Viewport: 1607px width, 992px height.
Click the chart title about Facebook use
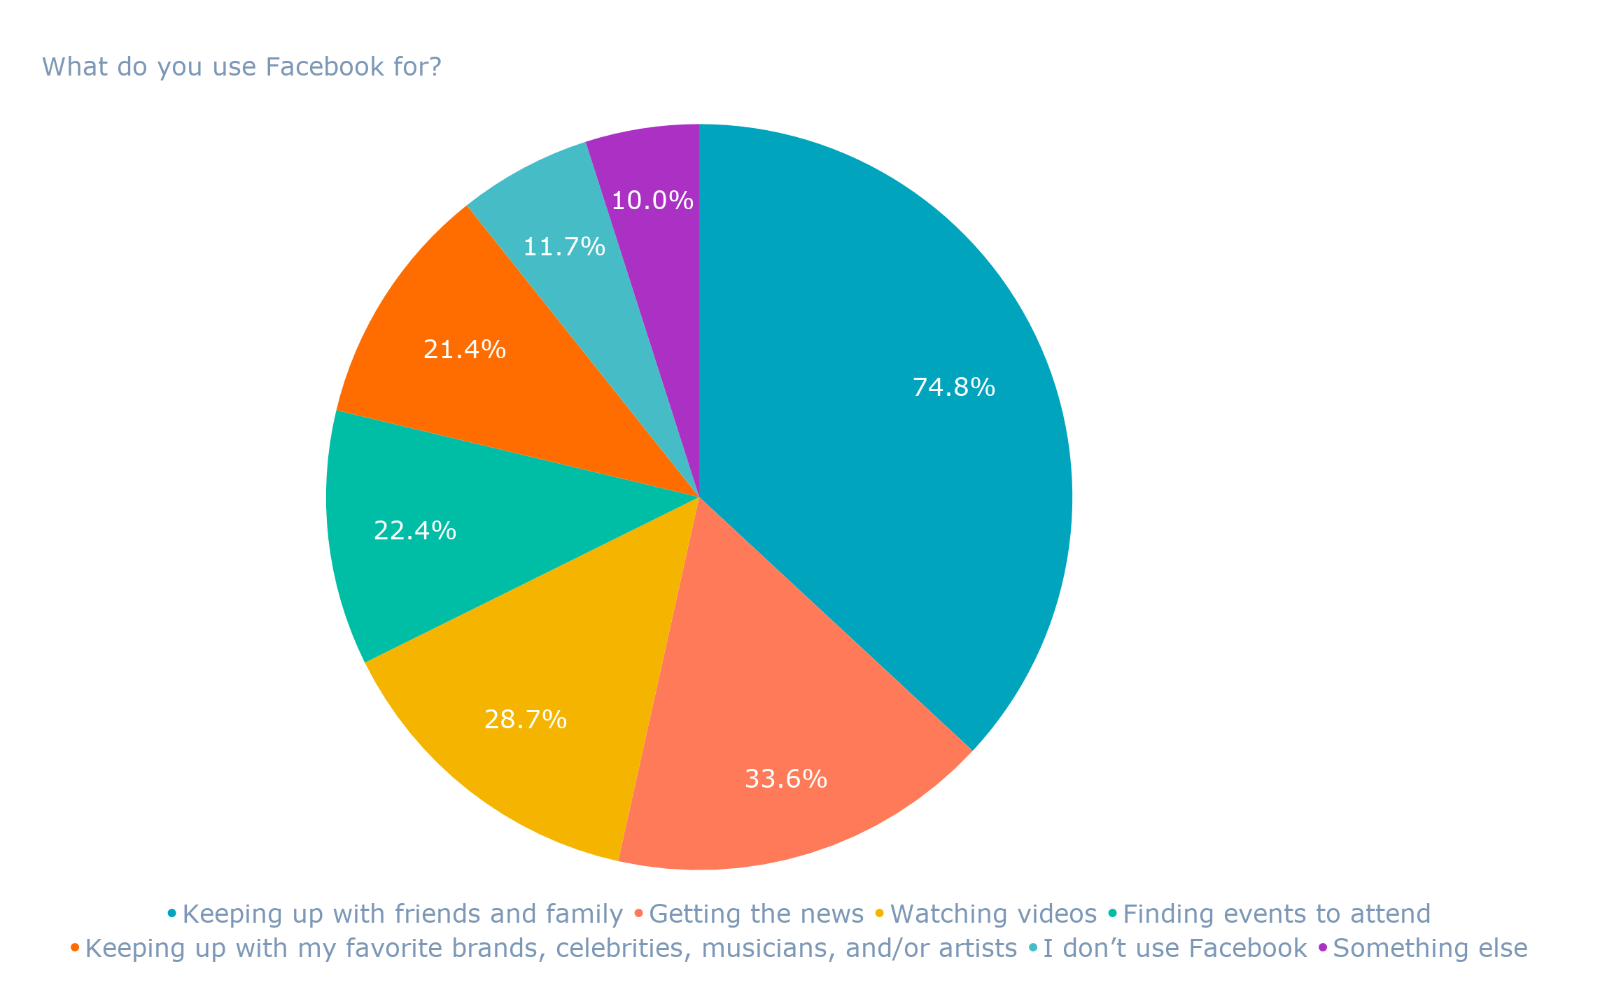click(x=241, y=67)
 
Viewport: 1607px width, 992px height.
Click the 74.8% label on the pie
click(x=953, y=387)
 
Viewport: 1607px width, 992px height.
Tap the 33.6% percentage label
click(x=785, y=779)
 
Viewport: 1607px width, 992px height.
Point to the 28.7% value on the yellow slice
click(x=525, y=719)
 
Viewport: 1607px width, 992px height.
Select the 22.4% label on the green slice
click(x=414, y=531)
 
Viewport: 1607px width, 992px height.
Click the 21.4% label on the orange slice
click(x=464, y=349)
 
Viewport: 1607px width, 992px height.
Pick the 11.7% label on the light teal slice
click(x=563, y=247)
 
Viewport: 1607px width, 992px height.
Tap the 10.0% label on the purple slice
click(x=652, y=201)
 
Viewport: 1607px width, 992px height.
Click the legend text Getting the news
click(x=757, y=914)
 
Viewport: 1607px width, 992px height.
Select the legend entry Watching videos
click(x=993, y=914)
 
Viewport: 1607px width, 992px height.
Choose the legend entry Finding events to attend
click(x=1277, y=914)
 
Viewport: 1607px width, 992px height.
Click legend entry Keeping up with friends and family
click(x=402, y=914)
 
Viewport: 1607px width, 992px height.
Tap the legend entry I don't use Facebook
click(x=1174, y=949)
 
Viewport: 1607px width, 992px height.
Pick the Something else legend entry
click(x=1430, y=949)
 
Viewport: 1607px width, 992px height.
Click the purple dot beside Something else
click(x=1323, y=948)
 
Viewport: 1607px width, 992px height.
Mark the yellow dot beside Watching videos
click(x=880, y=914)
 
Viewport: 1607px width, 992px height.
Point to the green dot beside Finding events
click(x=1113, y=914)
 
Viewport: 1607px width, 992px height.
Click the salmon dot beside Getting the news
click(x=638, y=914)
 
